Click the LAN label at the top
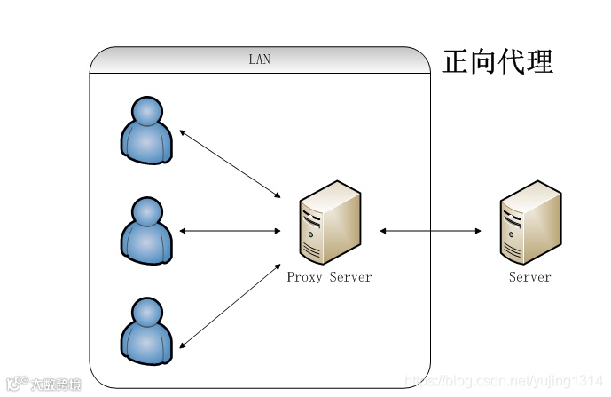[259, 60]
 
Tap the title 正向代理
[497, 62]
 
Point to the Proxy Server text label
[329, 277]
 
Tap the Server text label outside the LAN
[529, 277]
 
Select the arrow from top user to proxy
[230, 163]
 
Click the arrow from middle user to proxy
[230, 231]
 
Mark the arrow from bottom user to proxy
[230, 306]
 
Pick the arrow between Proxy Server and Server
[431, 231]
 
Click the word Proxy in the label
[304, 277]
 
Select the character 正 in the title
[456, 62]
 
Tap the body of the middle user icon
[146, 243]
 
